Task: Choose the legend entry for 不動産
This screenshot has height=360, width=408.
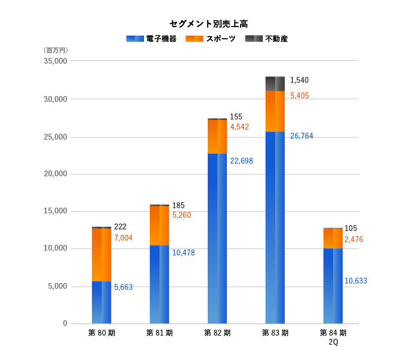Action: point(266,39)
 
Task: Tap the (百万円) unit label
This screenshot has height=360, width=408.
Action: point(56,50)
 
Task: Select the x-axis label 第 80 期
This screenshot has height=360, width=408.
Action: point(101,333)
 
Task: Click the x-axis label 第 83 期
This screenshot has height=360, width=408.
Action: point(275,333)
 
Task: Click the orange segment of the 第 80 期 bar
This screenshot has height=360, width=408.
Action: point(101,254)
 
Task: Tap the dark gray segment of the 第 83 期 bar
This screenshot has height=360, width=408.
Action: point(275,84)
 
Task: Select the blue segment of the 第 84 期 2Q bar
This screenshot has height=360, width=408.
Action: point(333,286)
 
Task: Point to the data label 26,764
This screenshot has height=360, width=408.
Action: point(302,136)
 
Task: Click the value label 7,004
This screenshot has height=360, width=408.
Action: point(123,238)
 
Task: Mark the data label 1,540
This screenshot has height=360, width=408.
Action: point(299,80)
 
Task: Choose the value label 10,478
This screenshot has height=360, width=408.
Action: point(183,253)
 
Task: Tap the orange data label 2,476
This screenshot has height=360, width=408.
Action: point(354,239)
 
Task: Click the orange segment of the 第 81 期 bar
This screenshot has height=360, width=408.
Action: point(159,226)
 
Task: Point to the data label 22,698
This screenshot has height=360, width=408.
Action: point(242,160)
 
